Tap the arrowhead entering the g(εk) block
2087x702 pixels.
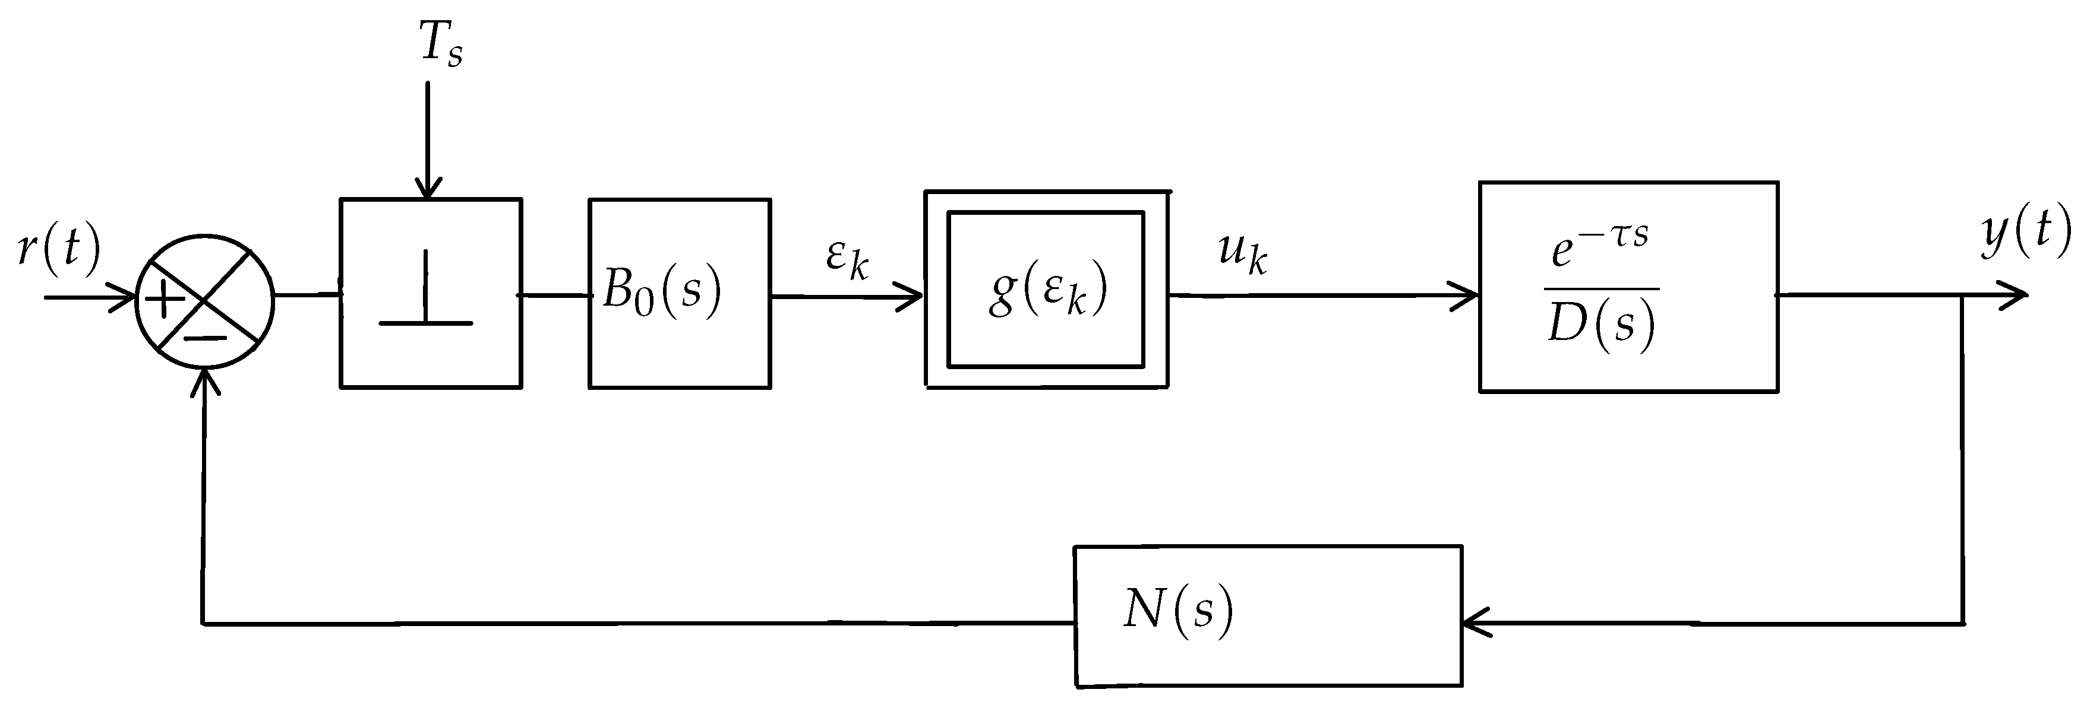click(914, 296)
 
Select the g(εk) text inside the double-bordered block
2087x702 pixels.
click(1047, 290)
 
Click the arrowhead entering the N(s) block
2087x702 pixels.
click(1475, 624)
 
